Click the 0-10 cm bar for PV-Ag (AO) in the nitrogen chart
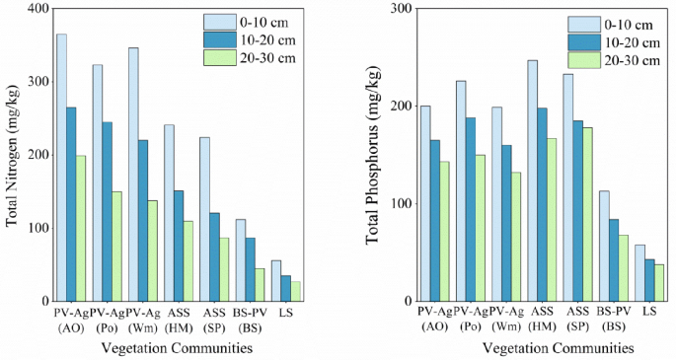pyautogui.click(x=61, y=168)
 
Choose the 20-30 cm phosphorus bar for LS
pyautogui.click(x=660, y=282)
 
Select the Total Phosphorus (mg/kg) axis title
pyautogui.click(x=374, y=155)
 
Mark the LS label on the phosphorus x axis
pyautogui.click(x=649, y=313)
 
